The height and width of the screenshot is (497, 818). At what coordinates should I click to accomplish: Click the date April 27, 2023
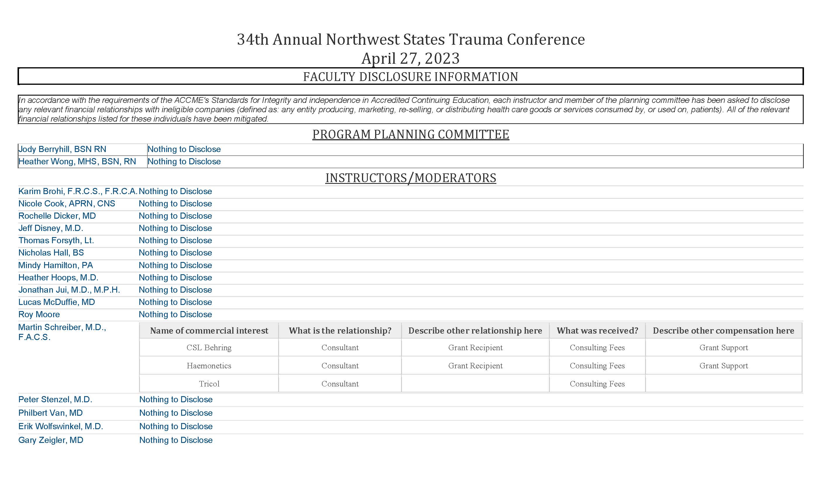click(x=410, y=58)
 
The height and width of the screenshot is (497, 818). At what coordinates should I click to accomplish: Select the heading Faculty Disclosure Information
click(x=410, y=77)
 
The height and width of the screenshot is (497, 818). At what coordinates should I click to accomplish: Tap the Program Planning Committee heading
click(x=410, y=134)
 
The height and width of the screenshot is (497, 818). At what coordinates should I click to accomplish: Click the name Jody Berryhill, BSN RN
click(x=62, y=149)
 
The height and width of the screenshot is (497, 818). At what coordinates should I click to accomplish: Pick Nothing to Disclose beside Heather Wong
click(x=184, y=161)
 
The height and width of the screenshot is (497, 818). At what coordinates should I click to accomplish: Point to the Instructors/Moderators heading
click(x=410, y=178)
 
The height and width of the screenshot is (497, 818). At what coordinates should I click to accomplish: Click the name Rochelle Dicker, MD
click(x=57, y=216)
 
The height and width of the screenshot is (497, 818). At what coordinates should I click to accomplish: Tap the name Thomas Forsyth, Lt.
click(x=56, y=241)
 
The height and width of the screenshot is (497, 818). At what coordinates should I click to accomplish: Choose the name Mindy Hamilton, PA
click(x=56, y=265)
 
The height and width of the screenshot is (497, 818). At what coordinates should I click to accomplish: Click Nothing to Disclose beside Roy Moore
click(x=175, y=314)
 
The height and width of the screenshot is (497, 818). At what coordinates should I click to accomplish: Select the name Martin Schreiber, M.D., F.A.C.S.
click(x=62, y=332)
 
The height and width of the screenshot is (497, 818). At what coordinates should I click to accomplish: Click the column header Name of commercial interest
click(x=209, y=331)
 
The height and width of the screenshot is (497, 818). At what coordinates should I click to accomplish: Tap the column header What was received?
click(x=597, y=331)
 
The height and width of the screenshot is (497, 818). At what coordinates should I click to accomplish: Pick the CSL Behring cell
click(x=209, y=348)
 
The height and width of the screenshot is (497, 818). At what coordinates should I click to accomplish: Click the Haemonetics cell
click(x=209, y=366)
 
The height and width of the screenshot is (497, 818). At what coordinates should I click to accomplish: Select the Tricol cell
click(x=209, y=384)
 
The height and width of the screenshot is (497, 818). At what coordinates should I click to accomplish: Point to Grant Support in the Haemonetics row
click(x=723, y=366)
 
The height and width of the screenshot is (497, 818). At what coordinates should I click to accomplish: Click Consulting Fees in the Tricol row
click(x=597, y=384)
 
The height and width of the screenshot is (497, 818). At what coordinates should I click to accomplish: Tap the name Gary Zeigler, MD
click(x=51, y=440)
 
